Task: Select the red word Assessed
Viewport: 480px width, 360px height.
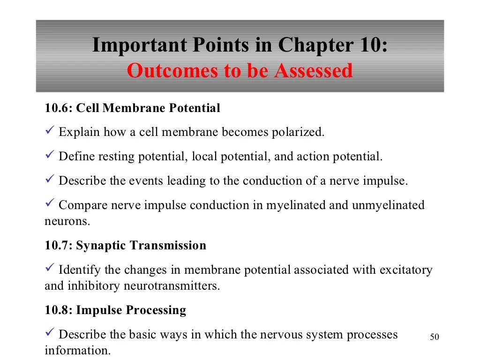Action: pyautogui.click(x=313, y=71)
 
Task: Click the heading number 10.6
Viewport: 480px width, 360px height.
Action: pyautogui.click(x=58, y=108)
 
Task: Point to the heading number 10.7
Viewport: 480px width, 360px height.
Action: pyautogui.click(x=58, y=245)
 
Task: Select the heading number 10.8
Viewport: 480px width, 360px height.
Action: pyautogui.click(x=58, y=310)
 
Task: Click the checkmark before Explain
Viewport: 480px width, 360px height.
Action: pyautogui.click(x=50, y=131)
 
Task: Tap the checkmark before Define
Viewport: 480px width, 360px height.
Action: pyautogui.click(x=50, y=155)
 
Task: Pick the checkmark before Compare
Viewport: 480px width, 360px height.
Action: pyautogui.click(x=50, y=204)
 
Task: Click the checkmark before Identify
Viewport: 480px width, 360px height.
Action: pyautogui.click(x=50, y=269)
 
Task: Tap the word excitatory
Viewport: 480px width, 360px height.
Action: pyautogui.click(x=406, y=270)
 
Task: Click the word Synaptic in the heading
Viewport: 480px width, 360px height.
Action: pyautogui.click(x=100, y=245)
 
